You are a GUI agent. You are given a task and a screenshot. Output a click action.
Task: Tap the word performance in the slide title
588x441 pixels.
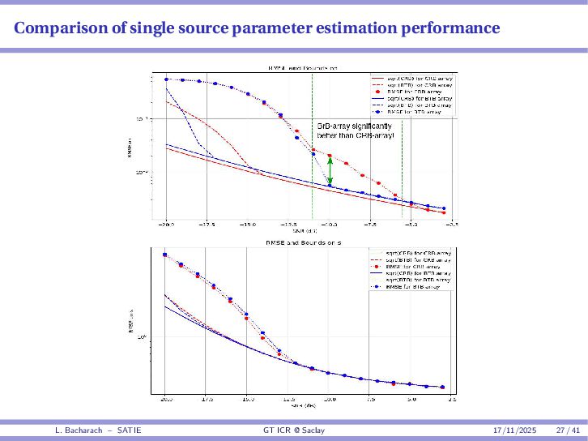pos(450,29)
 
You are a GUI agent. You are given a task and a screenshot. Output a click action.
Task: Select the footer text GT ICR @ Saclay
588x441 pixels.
pos(293,429)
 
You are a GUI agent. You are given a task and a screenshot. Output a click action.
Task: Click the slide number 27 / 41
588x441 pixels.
pos(568,429)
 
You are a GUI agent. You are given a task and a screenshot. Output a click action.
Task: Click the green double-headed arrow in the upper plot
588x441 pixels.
pos(330,170)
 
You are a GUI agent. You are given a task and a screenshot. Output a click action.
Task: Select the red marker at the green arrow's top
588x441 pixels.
pos(330,156)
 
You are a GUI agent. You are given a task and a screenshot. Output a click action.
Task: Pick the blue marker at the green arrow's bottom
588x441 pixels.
pos(330,186)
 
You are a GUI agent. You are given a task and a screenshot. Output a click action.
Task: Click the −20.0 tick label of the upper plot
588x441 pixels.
pos(166,224)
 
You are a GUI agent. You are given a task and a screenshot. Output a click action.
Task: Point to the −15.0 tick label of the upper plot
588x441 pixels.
pos(247,224)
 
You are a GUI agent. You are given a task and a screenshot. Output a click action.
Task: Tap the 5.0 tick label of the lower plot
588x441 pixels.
pos(411,400)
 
